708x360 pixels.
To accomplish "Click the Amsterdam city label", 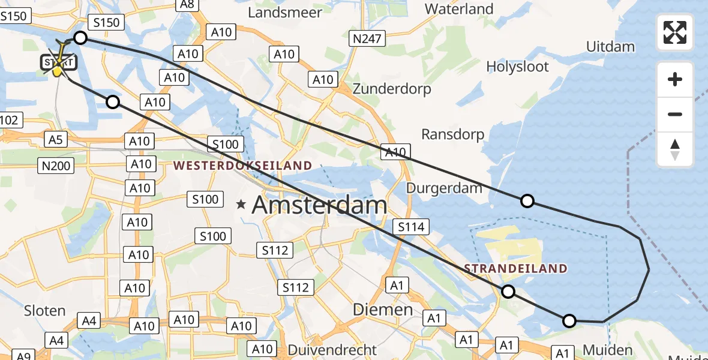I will point(319,206).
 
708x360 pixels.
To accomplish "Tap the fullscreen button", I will point(675,32).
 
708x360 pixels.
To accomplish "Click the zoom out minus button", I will point(675,114).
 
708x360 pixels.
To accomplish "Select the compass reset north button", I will point(675,149).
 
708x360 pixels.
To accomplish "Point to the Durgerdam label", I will point(444,188).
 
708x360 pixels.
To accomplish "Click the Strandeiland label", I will point(515,268).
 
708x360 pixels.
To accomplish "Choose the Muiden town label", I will point(607,350).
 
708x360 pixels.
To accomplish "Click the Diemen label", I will point(382,310).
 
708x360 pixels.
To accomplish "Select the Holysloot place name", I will point(517,66).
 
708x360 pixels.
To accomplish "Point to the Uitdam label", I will point(610,46).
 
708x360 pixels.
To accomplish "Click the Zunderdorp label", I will point(392,89).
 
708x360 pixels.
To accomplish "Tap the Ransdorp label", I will point(452,134).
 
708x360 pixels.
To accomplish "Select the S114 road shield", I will point(411,226).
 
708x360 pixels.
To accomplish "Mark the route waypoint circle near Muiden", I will point(569,320).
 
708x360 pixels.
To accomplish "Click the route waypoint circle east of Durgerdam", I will point(527,201).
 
